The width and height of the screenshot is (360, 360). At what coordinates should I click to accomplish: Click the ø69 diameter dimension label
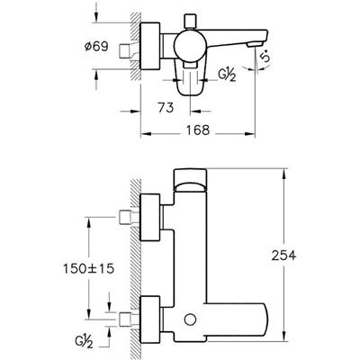[96, 47]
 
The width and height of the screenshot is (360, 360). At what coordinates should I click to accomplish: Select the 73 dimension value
[166, 107]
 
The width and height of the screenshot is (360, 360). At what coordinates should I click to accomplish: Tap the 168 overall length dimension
[197, 130]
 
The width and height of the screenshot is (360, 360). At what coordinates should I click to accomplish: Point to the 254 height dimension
[283, 256]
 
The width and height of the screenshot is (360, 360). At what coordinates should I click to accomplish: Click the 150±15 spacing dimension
[89, 268]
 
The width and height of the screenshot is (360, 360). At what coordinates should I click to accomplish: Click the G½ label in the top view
[227, 76]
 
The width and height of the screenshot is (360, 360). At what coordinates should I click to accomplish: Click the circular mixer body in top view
[190, 46]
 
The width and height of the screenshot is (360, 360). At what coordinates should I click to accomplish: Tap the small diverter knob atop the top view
[190, 21]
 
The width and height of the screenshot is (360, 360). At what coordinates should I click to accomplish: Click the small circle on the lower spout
[190, 319]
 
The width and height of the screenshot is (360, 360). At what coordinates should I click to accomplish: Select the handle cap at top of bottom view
[190, 180]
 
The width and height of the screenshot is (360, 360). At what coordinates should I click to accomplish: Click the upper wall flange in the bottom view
[150, 218]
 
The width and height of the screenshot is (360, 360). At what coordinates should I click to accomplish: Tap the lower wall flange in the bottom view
[150, 319]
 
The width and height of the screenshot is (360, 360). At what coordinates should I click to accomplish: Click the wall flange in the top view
[150, 46]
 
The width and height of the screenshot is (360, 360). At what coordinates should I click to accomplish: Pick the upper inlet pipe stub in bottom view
[126, 218]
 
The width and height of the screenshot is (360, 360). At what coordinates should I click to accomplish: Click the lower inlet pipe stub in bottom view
[126, 319]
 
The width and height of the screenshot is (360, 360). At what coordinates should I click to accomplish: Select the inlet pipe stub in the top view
[126, 50]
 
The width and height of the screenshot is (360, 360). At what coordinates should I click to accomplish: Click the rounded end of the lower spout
[264, 319]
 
